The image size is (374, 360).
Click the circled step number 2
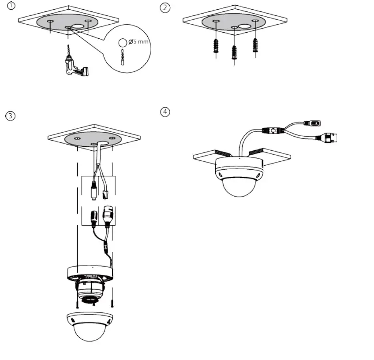pos(165,7)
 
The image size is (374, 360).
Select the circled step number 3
pos(10,116)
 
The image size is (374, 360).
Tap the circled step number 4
pos(165,112)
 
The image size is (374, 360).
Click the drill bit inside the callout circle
pos(122,57)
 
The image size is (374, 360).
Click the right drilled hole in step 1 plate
pos(88,21)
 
